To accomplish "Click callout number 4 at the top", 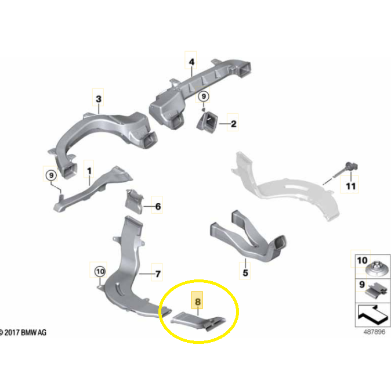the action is pyautogui.click(x=191, y=62).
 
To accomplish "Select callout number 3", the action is pyautogui.click(x=99, y=99).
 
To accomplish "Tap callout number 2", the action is pyautogui.click(x=233, y=124).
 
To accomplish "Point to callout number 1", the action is pyautogui.click(x=89, y=171).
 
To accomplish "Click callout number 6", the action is pyautogui.click(x=158, y=206).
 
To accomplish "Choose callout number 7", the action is pyautogui.click(x=158, y=274).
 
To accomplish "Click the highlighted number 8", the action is pyautogui.click(x=197, y=302).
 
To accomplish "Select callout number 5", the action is pyautogui.click(x=245, y=272).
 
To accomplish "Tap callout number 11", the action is pyautogui.click(x=350, y=186).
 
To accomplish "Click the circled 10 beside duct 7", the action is pyautogui.click(x=100, y=271).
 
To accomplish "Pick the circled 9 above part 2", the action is pyautogui.click(x=204, y=96).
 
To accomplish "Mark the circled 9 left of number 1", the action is pyautogui.click(x=51, y=175).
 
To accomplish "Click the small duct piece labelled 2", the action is pyautogui.click(x=208, y=122).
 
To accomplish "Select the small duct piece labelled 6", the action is pyautogui.click(x=134, y=202).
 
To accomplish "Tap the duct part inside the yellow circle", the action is pyautogui.click(x=198, y=322).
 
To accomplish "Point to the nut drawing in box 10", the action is pyautogui.click(x=376, y=270).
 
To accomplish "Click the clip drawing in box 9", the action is pyautogui.click(x=376, y=290).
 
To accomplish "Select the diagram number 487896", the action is pyautogui.click(x=374, y=332).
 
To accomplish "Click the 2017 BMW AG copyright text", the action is pyautogui.click(x=23, y=332).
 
